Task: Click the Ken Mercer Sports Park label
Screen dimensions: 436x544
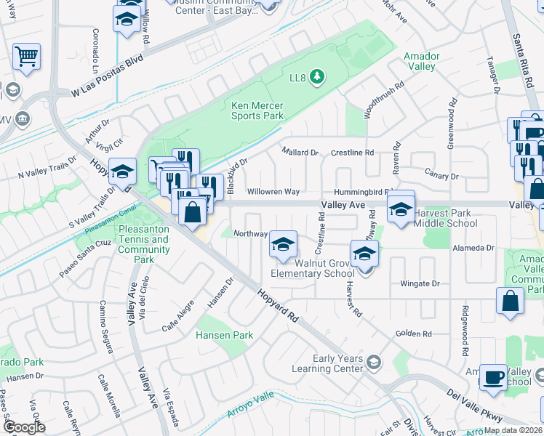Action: point(257,110)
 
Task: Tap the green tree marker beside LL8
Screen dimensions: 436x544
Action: point(316,76)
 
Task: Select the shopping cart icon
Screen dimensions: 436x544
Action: point(26,57)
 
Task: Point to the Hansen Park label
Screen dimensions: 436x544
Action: point(224,335)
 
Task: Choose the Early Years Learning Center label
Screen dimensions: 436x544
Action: point(337,363)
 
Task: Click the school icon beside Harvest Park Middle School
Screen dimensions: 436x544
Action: point(400,210)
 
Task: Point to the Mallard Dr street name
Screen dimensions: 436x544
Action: point(300,153)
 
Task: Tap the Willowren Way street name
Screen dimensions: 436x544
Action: point(273,192)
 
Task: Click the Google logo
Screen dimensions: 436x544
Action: point(24,427)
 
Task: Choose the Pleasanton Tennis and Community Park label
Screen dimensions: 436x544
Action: point(143,244)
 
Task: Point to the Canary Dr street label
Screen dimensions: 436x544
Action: point(444,176)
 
